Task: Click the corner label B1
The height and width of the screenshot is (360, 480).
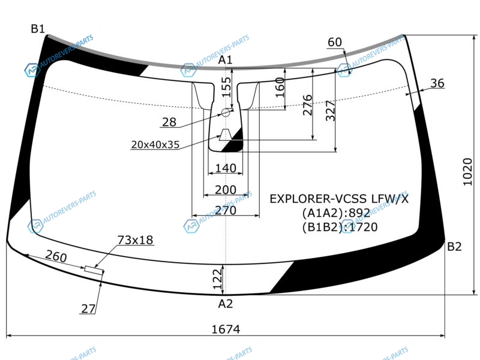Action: point(38,29)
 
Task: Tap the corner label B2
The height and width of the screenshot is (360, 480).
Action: point(454,247)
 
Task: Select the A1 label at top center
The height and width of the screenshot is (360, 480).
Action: point(226,60)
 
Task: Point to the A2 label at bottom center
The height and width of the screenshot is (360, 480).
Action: point(226,304)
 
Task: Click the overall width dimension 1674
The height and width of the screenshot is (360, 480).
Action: point(226,329)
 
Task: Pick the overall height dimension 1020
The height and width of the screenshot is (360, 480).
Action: point(467,172)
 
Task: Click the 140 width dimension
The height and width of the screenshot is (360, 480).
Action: point(226,168)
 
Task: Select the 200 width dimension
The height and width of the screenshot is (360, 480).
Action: point(226,190)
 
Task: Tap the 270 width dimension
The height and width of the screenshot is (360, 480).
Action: point(226,211)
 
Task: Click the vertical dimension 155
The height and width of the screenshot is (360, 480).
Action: point(226,87)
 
